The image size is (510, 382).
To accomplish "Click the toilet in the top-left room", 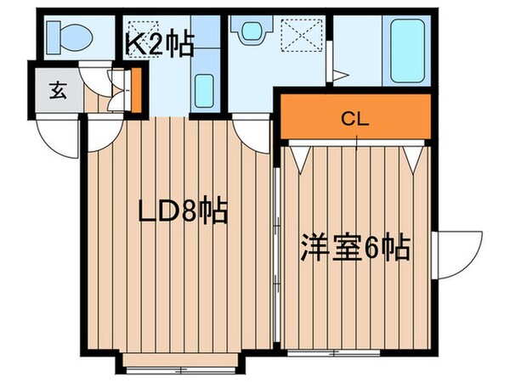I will pos(64,36).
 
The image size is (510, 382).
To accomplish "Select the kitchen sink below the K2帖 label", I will pos(203,88).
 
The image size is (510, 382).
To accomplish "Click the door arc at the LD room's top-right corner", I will pos(253,130).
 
